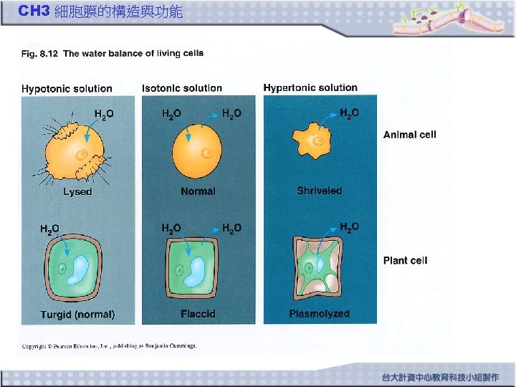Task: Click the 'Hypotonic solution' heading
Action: (67, 89)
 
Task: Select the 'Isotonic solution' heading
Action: (182, 88)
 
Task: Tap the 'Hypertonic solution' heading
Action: (310, 87)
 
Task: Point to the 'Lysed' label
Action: (77, 191)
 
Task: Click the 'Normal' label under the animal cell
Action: (198, 191)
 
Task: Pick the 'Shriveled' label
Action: (320, 191)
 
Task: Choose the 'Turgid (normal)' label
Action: (77, 314)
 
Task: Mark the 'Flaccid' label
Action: (198, 314)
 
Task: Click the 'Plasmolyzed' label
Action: (320, 314)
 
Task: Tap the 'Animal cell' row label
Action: (409, 135)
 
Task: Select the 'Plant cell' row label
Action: (405, 261)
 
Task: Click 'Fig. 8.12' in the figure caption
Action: (39, 53)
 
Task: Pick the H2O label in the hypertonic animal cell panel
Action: (349, 114)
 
